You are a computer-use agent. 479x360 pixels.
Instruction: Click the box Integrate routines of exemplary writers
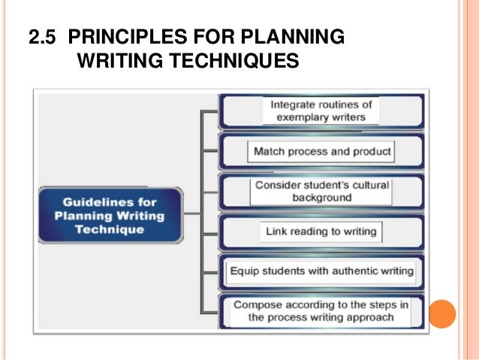321,111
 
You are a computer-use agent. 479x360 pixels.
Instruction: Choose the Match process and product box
322,151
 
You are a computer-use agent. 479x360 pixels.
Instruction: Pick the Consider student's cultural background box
321,191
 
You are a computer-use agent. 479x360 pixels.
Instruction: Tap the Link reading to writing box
321,231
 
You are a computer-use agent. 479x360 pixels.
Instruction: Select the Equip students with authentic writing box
321,271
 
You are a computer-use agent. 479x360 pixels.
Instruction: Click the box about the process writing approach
321,310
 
